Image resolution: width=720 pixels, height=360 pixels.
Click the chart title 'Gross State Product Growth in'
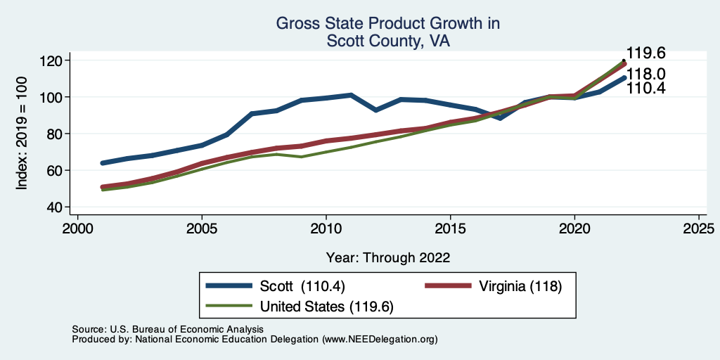pyautogui.click(x=387, y=23)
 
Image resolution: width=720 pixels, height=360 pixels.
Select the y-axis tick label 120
pyautogui.click(x=52, y=60)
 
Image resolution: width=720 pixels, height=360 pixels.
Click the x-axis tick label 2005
pyautogui.click(x=202, y=229)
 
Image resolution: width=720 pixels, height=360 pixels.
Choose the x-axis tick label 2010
pyautogui.click(x=326, y=229)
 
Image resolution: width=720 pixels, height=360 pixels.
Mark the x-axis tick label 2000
pyautogui.click(x=77, y=229)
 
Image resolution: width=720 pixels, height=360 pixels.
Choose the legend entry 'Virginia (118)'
pyautogui.click(x=520, y=287)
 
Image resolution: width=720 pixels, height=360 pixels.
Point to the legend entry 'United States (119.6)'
pyautogui.click(x=326, y=307)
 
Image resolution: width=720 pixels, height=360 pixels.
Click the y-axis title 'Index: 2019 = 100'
pyautogui.click(x=22, y=134)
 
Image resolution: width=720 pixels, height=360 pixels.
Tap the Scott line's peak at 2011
pyautogui.click(x=351, y=95)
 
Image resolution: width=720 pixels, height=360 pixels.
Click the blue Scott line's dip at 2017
pyautogui.click(x=500, y=118)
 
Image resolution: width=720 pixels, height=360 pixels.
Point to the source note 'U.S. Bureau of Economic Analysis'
pyautogui.click(x=184, y=329)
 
